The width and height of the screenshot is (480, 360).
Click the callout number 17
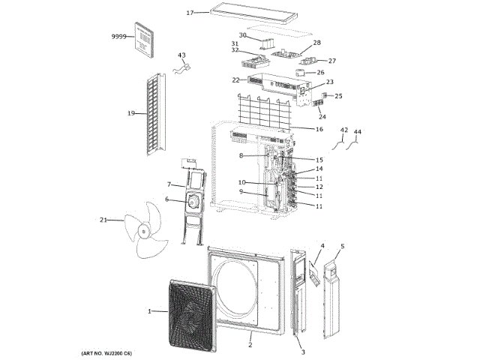point(190,13)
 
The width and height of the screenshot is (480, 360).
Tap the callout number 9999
point(118,37)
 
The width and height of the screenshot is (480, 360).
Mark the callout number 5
point(343,246)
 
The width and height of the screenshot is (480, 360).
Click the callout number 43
point(181,55)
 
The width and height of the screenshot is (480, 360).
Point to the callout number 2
point(250,345)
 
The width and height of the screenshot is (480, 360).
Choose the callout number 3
point(302,352)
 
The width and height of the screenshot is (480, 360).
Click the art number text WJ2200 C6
point(106,352)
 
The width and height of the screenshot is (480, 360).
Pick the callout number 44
point(357,131)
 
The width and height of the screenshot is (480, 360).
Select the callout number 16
point(319,129)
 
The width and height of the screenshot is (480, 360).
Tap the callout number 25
point(338,96)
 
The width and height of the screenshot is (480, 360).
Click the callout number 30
point(243,35)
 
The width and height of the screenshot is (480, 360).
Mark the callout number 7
point(169,184)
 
